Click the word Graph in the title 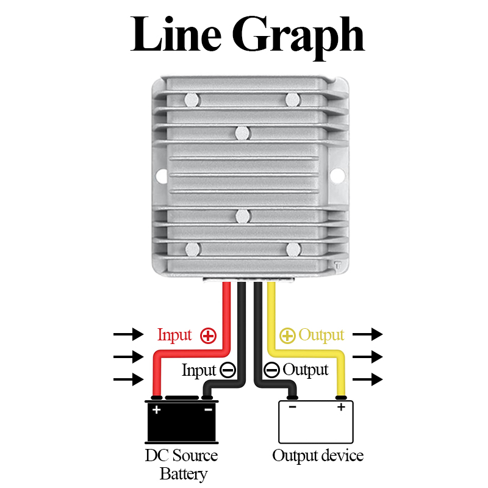coord(298,37)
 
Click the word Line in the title coord(176,34)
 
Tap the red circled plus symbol coord(208,336)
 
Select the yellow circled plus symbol coord(287,336)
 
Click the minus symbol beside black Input coord(228,370)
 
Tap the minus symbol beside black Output coord(271,370)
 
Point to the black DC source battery coord(182,420)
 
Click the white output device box coord(316,422)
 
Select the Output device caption coord(318,456)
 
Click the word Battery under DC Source coord(184,475)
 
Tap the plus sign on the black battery coord(157,409)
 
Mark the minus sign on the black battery coord(208,409)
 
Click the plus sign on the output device coord(342,407)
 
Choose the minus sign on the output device coord(292,407)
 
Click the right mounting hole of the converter coord(337,175)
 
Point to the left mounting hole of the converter coord(161,176)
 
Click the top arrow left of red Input coord(129,334)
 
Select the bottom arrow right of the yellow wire coord(368,379)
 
